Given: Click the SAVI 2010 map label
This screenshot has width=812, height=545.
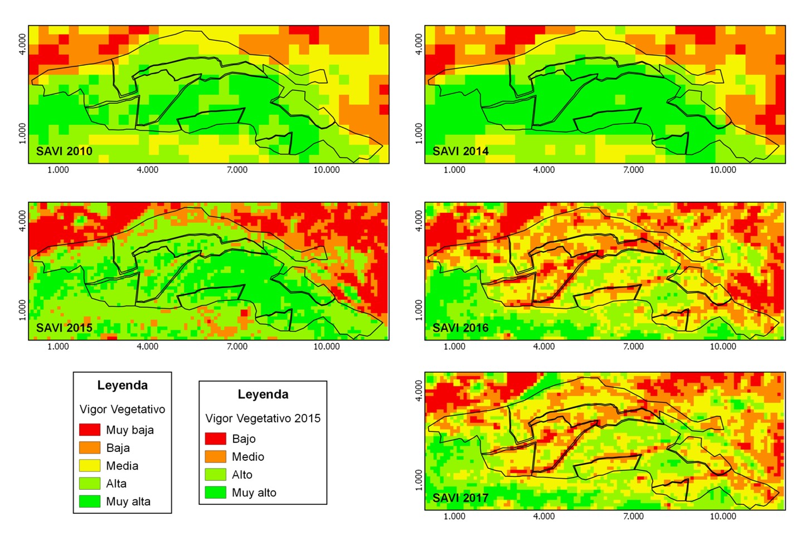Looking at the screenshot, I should tap(64, 151).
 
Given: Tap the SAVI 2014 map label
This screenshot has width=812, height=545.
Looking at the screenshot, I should tap(460, 151).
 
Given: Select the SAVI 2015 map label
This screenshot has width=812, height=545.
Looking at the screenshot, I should tap(64, 328).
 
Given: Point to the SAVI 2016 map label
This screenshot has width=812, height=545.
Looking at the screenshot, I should tap(460, 328).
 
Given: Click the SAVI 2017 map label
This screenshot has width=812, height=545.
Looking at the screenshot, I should tap(460, 498).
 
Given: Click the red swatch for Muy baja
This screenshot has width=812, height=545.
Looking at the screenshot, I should tap(89, 430).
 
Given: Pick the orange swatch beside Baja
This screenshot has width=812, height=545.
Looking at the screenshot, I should tap(89, 447).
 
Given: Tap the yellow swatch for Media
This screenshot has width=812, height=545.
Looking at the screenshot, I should tap(89, 465).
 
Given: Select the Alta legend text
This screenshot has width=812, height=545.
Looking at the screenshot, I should tap(116, 484).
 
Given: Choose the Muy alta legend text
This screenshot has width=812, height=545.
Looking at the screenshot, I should tap(128, 502).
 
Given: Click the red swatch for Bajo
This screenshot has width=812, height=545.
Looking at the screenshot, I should tap(215, 439).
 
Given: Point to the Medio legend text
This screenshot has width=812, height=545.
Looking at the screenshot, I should tap(248, 457).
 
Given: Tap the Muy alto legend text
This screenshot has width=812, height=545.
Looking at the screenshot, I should tap(254, 493).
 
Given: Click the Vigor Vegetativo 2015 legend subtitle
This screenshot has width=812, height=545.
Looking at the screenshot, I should tap(263, 419).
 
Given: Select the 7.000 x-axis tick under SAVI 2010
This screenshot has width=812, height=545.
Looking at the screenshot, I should tap(237, 170).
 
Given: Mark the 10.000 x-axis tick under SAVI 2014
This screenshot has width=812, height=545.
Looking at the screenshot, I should tap(723, 170).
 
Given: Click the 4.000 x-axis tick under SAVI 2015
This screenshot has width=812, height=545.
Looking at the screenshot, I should tap(148, 347).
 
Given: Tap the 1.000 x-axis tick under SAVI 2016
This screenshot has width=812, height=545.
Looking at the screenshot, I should tap(454, 347).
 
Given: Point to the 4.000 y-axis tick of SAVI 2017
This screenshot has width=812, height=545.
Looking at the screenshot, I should tap(419, 391).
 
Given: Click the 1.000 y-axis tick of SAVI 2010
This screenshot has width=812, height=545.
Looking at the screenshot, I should tap(22, 133).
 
